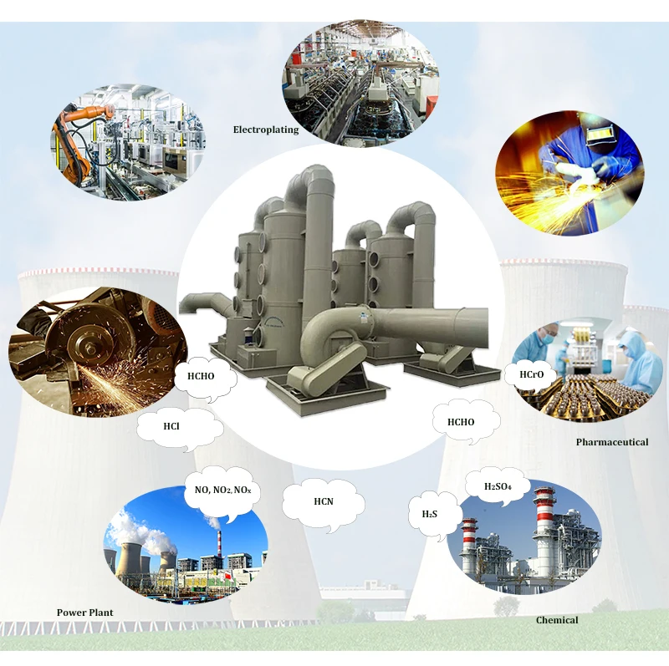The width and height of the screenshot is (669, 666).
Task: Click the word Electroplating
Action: click(265, 130)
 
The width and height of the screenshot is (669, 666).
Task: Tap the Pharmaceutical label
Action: click(611, 441)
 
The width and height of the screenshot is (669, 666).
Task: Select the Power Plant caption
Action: click(84, 613)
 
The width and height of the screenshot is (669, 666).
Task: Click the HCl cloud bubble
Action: click(172, 426)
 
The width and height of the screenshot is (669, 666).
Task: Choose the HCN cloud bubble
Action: click(324, 501)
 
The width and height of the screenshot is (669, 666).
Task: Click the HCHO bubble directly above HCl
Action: click(201, 376)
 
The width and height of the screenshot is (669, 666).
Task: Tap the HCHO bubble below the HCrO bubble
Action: click(461, 422)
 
